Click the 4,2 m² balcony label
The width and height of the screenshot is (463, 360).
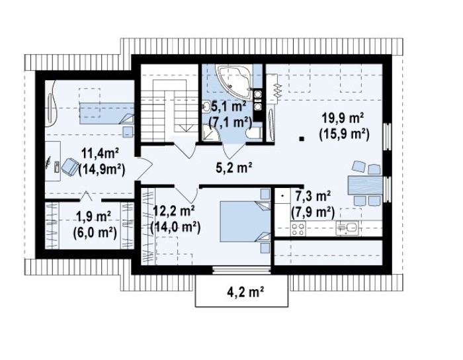pyautogui.click(x=245, y=292)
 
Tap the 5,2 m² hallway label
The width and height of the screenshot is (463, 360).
pyautogui.click(x=234, y=167)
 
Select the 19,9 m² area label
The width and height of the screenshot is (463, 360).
pyautogui.click(x=343, y=118)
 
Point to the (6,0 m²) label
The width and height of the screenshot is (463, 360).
pyautogui.click(x=94, y=232)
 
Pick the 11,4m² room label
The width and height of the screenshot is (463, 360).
pyautogui.click(x=100, y=154)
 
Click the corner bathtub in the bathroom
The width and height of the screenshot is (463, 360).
pyautogui.click(x=235, y=81)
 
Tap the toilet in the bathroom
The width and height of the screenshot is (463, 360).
pyautogui.click(x=253, y=133)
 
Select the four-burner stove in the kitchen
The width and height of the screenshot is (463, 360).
pyautogui.click(x=298, y=228)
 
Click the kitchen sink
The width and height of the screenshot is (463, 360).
pyautogui.click(x=347, y=228)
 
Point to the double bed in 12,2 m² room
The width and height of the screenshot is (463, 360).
pyautogui.click(x=245, y=221)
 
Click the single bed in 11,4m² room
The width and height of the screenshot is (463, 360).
pyautogui.click(x=106, y=113)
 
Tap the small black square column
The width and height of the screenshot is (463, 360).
pyautogui.click(x=301, y=138)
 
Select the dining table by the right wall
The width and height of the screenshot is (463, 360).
pyautogui.click(x=365, y=185)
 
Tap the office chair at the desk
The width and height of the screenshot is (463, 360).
pyautogui.click(x=69, y=167)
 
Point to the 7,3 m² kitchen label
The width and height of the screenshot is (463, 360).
pyautogui.click(x=311, y=197)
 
